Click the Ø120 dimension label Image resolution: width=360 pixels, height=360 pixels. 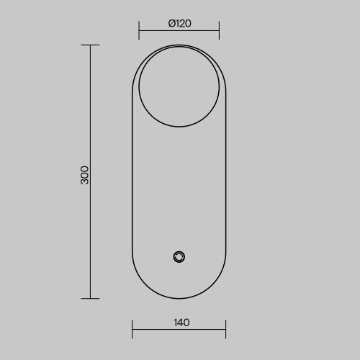180,24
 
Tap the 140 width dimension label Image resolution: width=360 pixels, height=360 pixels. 181,323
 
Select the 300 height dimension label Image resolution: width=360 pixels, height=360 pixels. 84,175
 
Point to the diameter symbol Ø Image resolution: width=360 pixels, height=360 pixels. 172,24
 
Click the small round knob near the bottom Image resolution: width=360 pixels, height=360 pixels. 179,257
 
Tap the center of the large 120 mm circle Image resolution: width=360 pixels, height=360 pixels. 179,86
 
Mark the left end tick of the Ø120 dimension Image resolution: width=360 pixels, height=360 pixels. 139,30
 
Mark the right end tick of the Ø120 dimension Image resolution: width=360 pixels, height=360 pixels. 219,30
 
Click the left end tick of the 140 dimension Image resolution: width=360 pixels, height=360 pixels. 132,329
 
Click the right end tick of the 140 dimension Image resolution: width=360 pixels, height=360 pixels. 226,329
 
